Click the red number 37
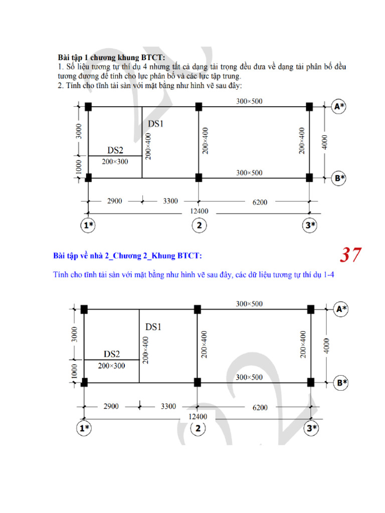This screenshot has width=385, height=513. pyautogui.click(x=350, y=255)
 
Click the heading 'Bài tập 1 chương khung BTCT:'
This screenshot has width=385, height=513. pyautogui.click(x=111, y=57)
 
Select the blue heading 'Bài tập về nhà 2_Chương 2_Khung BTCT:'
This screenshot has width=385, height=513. pyautogui.click(x=128, y=256)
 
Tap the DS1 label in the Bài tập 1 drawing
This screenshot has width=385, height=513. pyautogui.click(x=155, y=123)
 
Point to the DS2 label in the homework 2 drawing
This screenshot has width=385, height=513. pyautogui.click(x=112, y=354)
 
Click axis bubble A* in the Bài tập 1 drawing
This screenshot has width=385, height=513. pyautogui.click(x=340, y=106)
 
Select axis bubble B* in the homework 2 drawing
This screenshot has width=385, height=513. pyautogui.click(x=342, y=383)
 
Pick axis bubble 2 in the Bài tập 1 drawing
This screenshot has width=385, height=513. pyautogui.click(x=199, y=225)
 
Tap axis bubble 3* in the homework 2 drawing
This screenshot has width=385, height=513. pyautogui.click(x=312, y=428)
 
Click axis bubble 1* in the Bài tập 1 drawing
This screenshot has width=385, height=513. pyautogui.click(x=88, y=225)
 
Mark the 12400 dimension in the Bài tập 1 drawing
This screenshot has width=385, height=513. pyautogui.click(x=199, y=211)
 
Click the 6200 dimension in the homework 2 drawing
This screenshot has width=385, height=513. pyautogui.click(x=260, y=407)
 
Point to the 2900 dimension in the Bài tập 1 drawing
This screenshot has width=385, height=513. pyautogui.click(x=114, y=201)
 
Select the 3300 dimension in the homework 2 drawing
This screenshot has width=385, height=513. pyautogui.click(x=168, y=406)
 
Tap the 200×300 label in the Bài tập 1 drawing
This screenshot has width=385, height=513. pyautogui.click(x=115, y=162)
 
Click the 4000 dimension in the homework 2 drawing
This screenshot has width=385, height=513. pyautogui.click(x=327, y=346)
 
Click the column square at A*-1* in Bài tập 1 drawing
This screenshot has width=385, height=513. pyautogui.click(x=89, y=107)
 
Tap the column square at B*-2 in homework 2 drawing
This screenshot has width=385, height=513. pyautogui.click(x=198, y=382)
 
